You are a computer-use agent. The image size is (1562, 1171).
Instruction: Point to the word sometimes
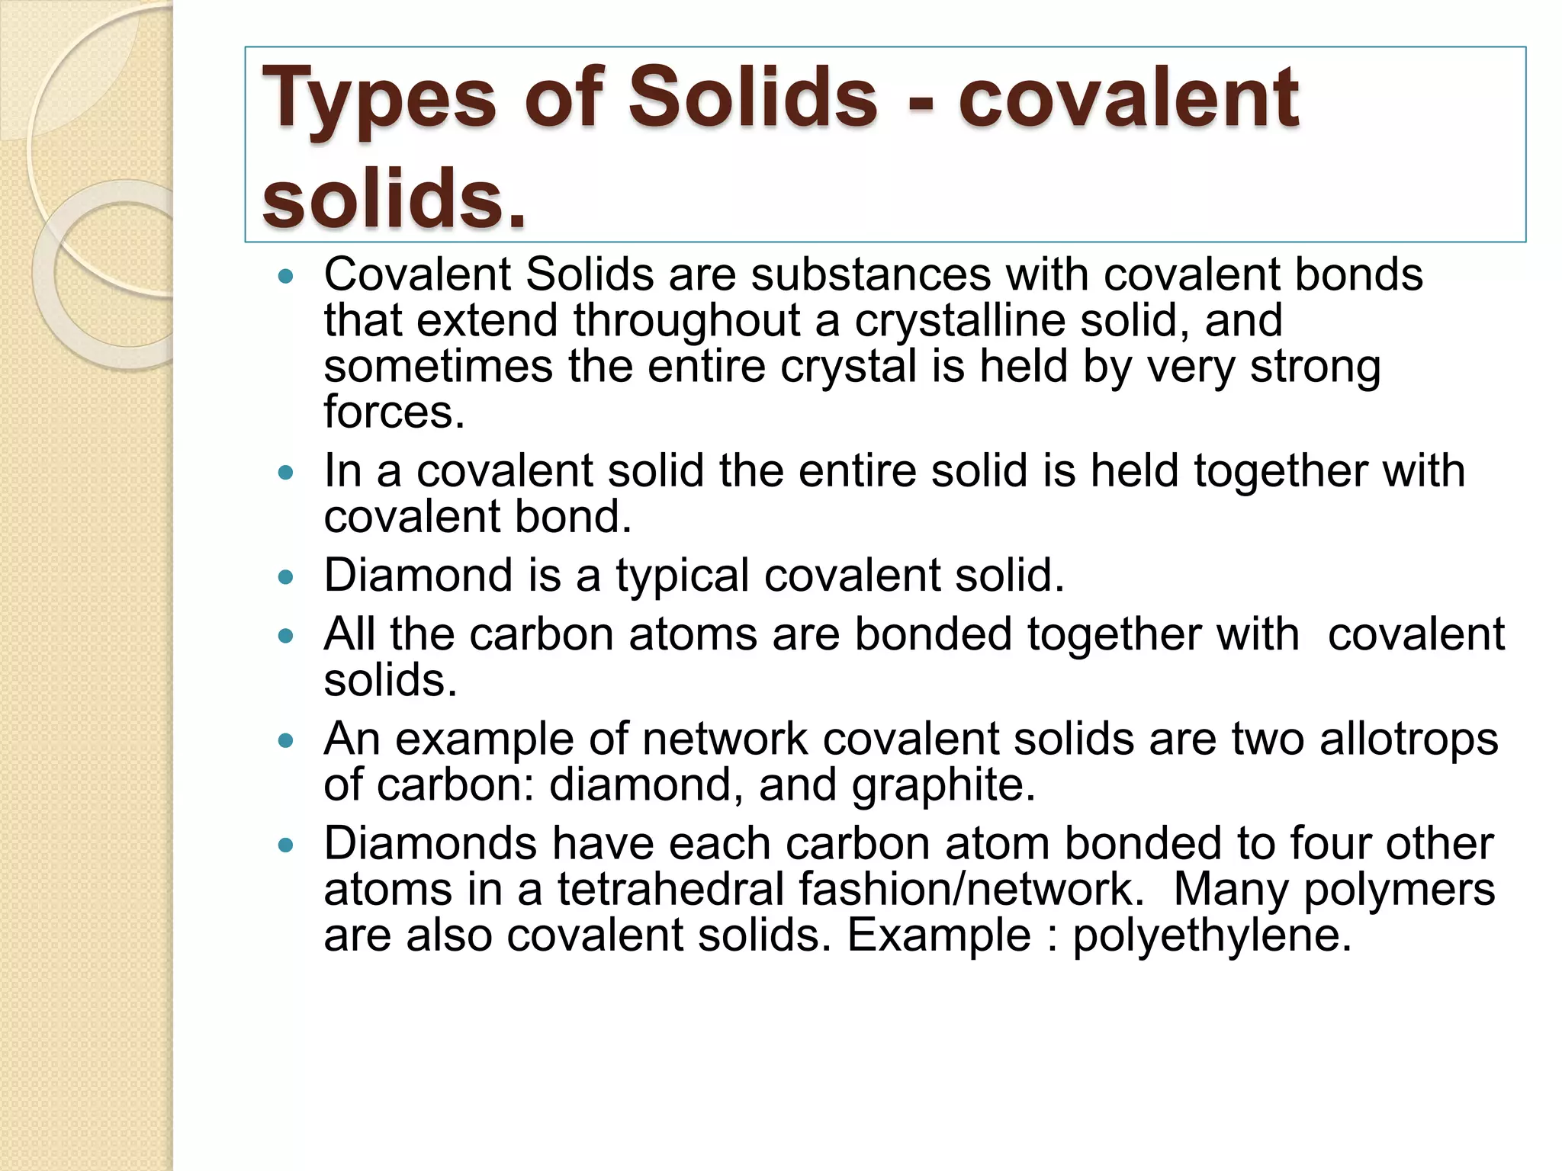438,367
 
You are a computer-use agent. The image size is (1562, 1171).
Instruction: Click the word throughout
686,320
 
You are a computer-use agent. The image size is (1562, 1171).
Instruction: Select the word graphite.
943,784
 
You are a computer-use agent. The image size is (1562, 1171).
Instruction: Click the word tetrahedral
671,889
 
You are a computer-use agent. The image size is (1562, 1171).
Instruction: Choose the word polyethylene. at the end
1212,935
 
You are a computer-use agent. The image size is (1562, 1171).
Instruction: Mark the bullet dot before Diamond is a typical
286,577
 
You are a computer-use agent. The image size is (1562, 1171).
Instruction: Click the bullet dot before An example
286,740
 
